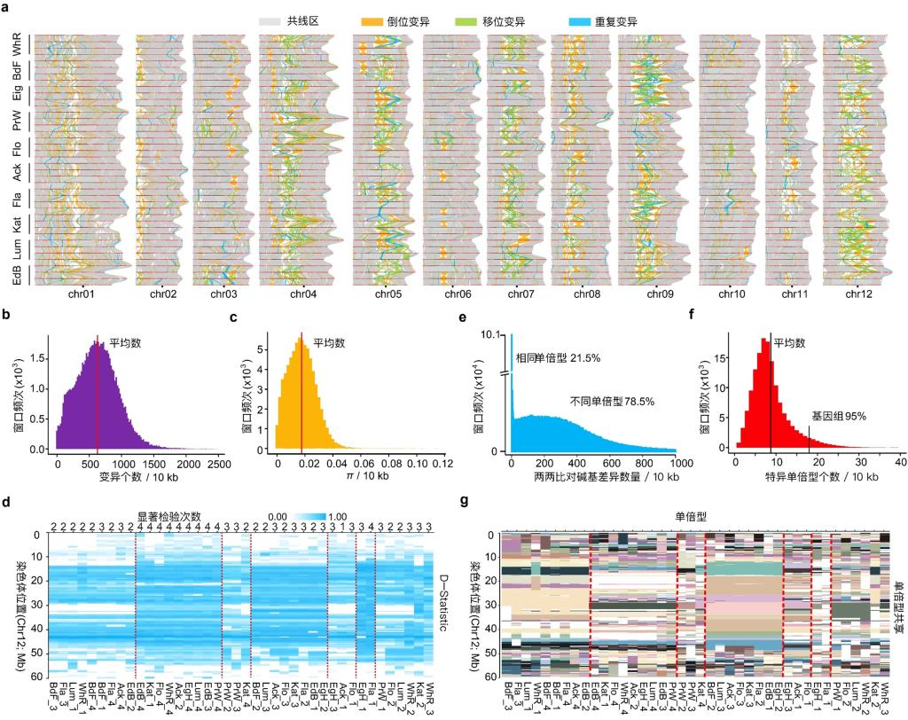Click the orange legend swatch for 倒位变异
click(x=375, y=20)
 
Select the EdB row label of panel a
click(x=17, y=272)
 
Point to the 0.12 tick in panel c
click(x=442, y=462)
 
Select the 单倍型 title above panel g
click(x=692, y=515)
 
